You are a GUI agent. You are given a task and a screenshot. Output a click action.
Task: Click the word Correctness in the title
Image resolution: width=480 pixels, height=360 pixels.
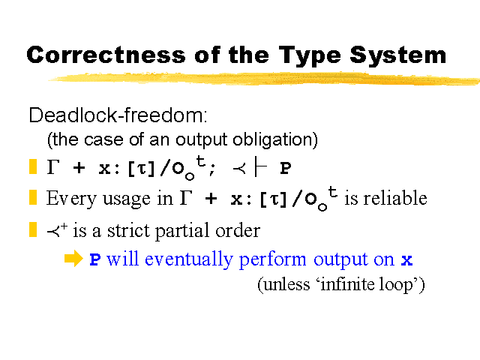[106, 55]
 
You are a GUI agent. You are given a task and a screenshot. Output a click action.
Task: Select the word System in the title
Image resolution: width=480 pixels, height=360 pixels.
[398, 57]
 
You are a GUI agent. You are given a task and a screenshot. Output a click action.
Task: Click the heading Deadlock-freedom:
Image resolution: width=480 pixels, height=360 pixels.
[118, 115]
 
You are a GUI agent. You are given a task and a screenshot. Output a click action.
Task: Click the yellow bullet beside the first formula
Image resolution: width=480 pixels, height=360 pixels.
[33, 166]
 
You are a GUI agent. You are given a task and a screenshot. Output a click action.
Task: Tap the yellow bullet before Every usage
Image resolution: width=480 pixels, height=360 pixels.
[33, 197]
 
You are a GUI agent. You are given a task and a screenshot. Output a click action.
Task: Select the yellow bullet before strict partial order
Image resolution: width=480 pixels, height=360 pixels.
[33, 229]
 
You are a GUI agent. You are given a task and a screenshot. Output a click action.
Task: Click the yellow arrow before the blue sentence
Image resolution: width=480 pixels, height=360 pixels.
[73, 259]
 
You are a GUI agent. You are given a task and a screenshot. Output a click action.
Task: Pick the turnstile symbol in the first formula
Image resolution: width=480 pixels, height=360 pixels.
[261, 167]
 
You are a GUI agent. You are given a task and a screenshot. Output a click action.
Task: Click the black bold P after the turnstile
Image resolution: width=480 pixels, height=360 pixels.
[285, 168]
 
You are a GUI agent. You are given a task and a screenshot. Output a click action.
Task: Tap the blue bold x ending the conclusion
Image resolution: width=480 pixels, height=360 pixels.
[407, 260]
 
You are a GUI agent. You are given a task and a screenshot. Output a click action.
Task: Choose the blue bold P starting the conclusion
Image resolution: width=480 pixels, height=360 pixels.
[95, 260]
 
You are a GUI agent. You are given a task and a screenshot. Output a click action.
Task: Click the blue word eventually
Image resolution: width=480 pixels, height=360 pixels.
[188, 260]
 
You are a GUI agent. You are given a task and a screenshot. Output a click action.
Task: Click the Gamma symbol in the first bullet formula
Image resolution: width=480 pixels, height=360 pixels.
[53, 166]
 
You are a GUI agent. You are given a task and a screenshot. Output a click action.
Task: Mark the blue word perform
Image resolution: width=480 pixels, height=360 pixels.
[272, 260]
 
